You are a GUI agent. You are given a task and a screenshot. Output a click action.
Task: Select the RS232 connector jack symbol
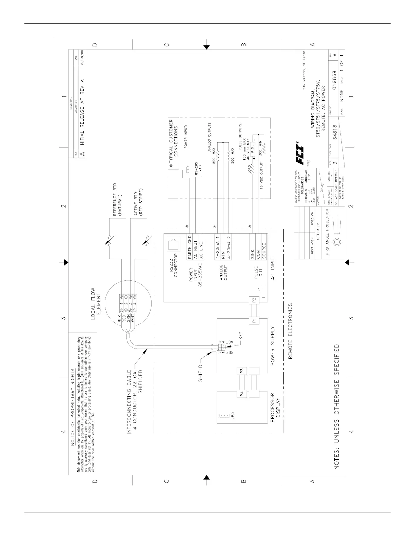[172, 243]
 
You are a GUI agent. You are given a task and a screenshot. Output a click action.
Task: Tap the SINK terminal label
[253, 255]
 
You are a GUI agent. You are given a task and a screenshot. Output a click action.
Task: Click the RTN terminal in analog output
[223, 256]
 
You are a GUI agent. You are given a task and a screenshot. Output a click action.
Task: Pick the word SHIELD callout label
[201, 373]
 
